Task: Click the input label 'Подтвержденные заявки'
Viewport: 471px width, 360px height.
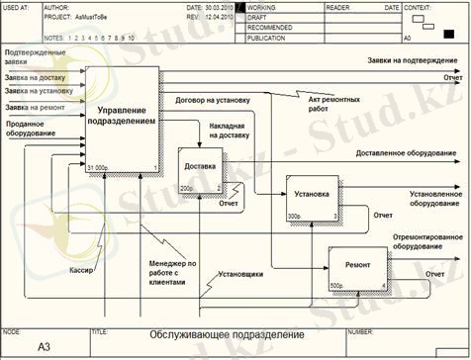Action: pos(35,55)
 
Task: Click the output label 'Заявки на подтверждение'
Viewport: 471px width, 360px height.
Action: pos(413,60)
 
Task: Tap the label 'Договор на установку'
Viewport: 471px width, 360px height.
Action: pos(213,99)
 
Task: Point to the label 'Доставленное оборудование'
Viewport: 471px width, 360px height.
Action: pos(406,154)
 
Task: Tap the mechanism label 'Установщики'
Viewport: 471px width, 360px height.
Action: pos(240,273)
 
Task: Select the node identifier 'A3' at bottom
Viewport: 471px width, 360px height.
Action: pos(44,347)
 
